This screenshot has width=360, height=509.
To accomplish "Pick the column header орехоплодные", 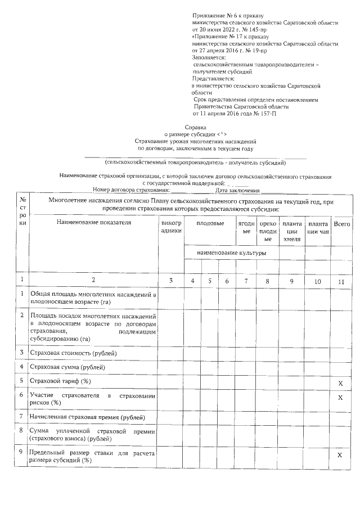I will (x=268, y=231).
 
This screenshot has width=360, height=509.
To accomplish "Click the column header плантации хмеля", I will (x=291, y=231).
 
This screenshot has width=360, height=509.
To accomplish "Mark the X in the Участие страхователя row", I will (x=340, y=398).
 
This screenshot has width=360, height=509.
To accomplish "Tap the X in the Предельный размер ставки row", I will (x=340, y=455).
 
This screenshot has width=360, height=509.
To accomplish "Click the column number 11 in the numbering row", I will (x=341, y=280).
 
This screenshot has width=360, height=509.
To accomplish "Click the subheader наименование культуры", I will (x=231, y=253).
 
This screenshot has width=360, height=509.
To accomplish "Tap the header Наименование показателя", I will (x=93, y=223).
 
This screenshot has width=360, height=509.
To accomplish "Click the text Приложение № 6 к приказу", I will (x=228, y=16).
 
